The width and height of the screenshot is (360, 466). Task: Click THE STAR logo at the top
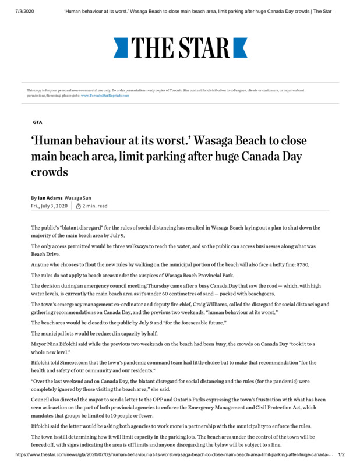(x=180, y=47)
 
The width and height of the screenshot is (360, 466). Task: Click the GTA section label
(x=37, y=122)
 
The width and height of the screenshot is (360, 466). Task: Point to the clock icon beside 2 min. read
(x=79, y=206)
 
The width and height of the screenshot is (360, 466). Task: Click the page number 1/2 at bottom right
(x=341, y=454)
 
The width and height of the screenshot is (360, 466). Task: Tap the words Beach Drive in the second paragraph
(x=45, y=255)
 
